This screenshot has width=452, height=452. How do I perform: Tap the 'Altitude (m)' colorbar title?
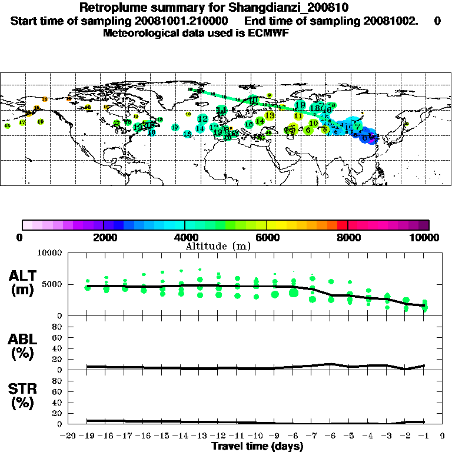click(x=218, y=245)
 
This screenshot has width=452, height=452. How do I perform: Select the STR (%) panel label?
click(x=24, y=398)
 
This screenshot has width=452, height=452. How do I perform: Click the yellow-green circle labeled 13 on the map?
click(x=270, y=115)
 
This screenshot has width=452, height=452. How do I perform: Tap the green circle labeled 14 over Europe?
click(x=260, y=121)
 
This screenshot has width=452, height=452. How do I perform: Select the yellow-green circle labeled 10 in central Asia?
click(x=314, y=123)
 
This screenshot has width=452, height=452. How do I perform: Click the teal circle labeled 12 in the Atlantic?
click(x=203, y=119)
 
